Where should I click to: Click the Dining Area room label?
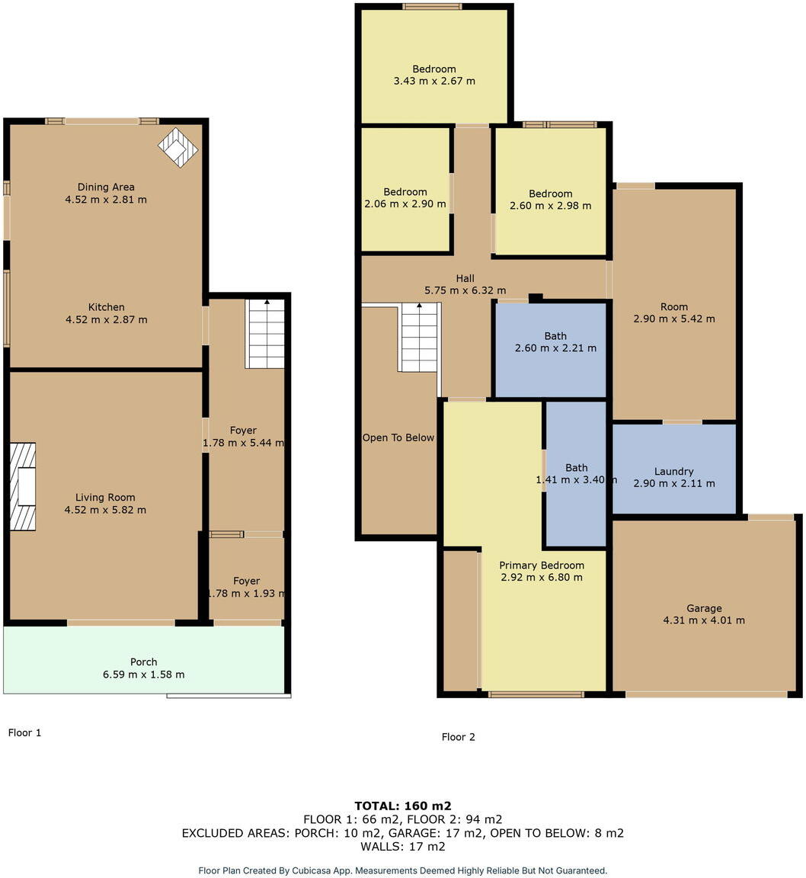click(x=106, y=187)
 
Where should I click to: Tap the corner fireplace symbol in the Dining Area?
click(x=178, y=146)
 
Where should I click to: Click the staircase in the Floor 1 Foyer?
click(x=265, y=334)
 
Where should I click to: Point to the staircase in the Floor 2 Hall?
click(x=420, y=337)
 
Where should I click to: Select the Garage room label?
click(x=704, y=608)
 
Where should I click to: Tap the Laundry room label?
click(x=673, y=471)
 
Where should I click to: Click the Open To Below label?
click(x=398, y=437)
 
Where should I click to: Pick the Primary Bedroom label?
click(x=542, y=566)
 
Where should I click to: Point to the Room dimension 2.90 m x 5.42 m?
click(x=674, y=319)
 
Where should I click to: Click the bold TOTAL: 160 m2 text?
click(x=403, y=806)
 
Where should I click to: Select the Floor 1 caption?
click(x=24, y=732)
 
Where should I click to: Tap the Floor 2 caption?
click(x=458, y=737)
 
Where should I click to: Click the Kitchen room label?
click(x=106, y=307)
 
